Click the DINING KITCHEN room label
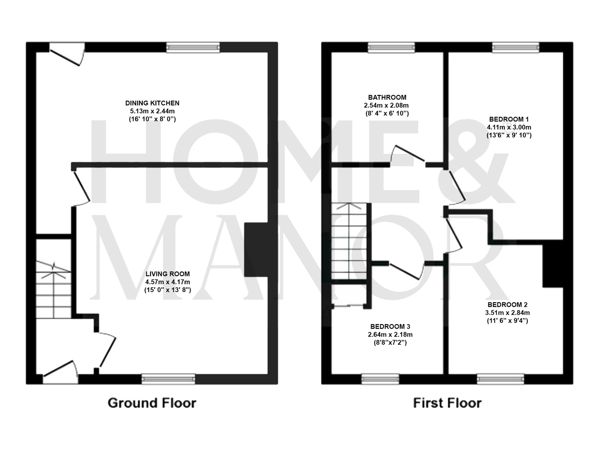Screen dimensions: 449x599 pyautogui.click(x=152, y=103)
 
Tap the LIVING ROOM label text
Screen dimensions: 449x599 pyautogui.click(x=167, y=274)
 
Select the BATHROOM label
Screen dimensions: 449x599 pyautogui.click(x=387, y=97)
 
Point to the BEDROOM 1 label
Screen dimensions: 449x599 pyautogui.click(x=509, y=119)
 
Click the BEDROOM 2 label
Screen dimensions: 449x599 pyautogui.click(x=507, y=305)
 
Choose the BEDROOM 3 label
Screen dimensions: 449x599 pyautogui.click(x=390, y=326)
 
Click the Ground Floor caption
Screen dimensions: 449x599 pyautogui.click(x=152, y=403)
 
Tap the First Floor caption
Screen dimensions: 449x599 pyautogui.click(x=447, y=403)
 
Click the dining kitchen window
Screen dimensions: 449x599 pyautogui.click(x=193, y=48)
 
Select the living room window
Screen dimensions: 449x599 pyautogui.click(x=168, y=379)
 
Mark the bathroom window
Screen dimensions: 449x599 pyautogui.click(x=391, y=47)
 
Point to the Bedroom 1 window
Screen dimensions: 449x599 pyautogui.click(x=515, y=47)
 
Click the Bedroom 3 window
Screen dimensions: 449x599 pyautogui.click(x=380, y=379)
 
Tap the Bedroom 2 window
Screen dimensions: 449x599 pyautogui.click(x=500, y=379)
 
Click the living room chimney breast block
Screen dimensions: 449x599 pyautogui.click(x=256, y=250)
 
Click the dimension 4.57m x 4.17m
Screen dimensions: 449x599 pyautogui.click(x=167, y=282)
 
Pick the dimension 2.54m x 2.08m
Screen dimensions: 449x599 pyautogui.click(x=386, y=105)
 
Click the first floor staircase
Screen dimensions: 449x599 pyautogui.click(x=349, y=241)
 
